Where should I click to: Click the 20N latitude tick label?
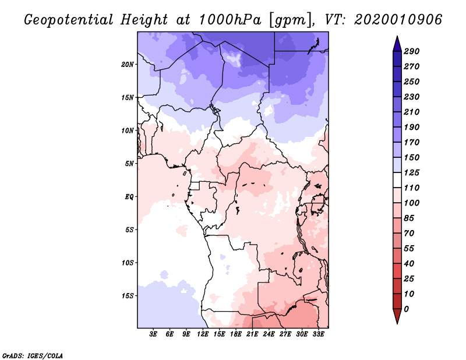tap(128, 64)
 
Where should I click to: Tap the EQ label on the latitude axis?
tap(129, 196)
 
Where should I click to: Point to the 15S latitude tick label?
tap(128, 295)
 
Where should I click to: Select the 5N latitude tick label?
tap(129, 163)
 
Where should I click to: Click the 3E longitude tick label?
tap(154, 334)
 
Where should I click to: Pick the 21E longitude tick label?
tap(253, 334)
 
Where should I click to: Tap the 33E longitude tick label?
tap(319, 334)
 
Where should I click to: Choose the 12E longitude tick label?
tap(203, 334)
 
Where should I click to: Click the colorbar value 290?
tap(411, 51)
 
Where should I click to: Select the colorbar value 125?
tap(411, 172)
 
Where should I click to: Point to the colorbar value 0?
tap(407, 309)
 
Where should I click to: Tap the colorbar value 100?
tap(411, 203)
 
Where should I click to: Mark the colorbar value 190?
tap(411, 127)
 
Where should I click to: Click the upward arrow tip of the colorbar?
tap(396, 38)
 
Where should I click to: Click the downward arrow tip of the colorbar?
tap(396, 322)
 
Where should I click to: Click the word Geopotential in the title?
tap(69, 20)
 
